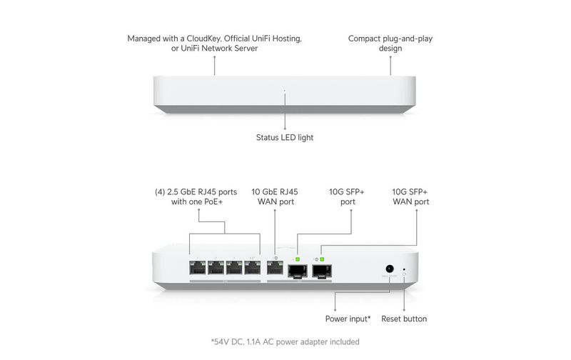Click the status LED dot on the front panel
[285, 91]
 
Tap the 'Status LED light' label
[285, 138]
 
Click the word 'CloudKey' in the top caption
[203, 39]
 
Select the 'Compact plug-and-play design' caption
[390, 44]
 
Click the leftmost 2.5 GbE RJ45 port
[198, 268]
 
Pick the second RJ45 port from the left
[216, 268]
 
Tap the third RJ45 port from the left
[234, 268]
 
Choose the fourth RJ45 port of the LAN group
[253, 268]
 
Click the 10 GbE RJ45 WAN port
[275, 268]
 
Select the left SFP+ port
[298, 271]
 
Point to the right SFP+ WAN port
[322, 271]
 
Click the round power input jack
[390, 269]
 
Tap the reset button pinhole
[404, 270]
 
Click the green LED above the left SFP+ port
[298, 259]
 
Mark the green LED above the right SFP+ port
[322, 259]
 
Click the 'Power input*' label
[348, 319]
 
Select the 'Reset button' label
[404, 319]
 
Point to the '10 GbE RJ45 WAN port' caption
[275, 196]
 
